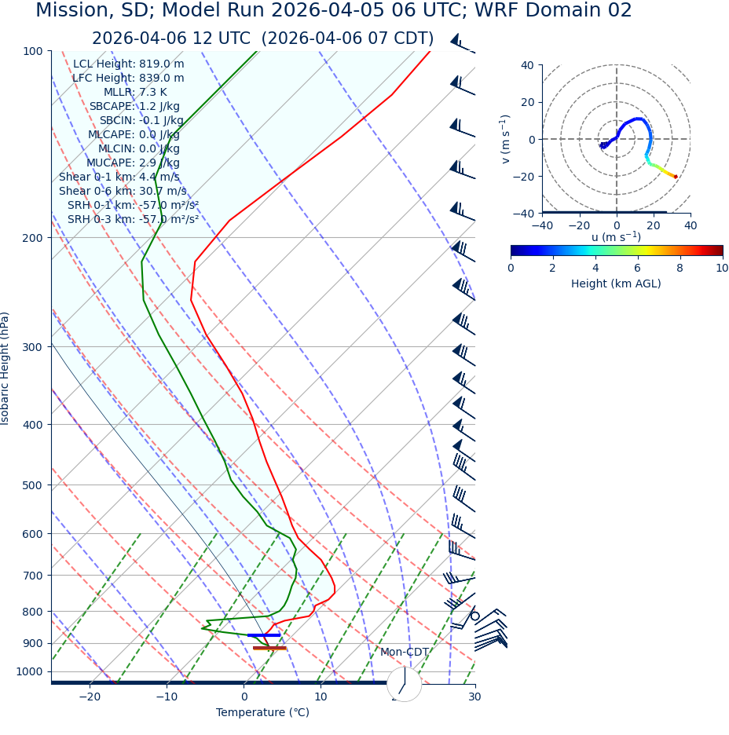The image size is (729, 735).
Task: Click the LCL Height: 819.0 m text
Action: click(x=129, y=64)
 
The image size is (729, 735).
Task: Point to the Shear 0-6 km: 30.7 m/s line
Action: click(x=123, y=192)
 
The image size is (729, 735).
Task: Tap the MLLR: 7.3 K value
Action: click(x=135, y=93)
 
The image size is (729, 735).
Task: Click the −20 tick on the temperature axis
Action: click(x=90, y=697)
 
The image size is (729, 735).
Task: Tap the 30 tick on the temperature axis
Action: click(x=474, y=697)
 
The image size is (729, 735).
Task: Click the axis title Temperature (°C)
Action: click(x=262, y=713)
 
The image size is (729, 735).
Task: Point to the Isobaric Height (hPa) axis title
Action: click(x=5, y=368)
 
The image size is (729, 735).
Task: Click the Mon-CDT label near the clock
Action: click(x=405, y=653)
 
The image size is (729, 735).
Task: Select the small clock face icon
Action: click(x=404, y=684)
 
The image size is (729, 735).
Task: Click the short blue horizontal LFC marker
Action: click(x=263, y=634)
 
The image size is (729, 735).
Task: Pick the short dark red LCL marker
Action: click(x=269, y=648)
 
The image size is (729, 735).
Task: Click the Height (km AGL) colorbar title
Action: click(x=616, y=284)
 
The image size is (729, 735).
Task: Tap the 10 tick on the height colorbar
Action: click(x=721, y=269)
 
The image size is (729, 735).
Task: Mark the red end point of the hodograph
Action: click(x=675, y=177)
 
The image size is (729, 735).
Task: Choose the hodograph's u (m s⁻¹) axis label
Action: click(x=616, y=237)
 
